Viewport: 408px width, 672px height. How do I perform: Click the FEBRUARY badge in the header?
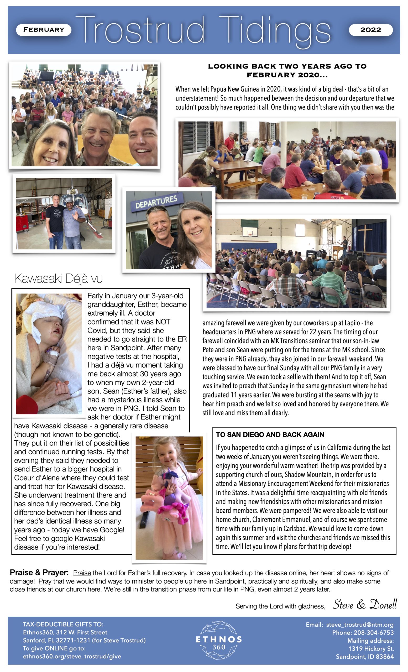click(x=44, y=30)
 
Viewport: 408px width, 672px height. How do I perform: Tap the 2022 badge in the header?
click(x=370, y=30)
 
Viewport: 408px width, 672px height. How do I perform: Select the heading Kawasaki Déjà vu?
click(x=58, y=279)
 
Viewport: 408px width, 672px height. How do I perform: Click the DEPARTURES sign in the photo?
click(x=156, y=201)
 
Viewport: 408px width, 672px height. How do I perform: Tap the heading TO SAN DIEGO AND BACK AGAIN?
click(x=270, y=434)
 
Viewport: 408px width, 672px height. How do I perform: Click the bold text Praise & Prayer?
click(x=39, y=573)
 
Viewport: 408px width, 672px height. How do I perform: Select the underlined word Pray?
click(x=45, y=581)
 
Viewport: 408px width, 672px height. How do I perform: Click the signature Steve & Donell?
click(x=365, y=604)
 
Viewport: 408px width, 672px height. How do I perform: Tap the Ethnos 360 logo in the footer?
click(x=219, y=640)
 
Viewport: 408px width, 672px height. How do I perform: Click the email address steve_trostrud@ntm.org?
click(x=360, y=624)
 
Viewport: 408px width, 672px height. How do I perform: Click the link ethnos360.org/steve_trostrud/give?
click(x=72, y=656)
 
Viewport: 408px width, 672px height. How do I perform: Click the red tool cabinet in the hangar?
click(x=25, y=221)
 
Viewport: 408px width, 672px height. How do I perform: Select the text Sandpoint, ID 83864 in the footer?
click(x=365, y=657)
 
